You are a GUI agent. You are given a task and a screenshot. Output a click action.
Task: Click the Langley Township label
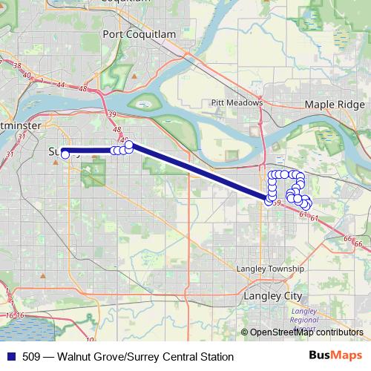coord(270,269)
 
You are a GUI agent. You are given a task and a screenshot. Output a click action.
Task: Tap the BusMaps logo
coord(336,356)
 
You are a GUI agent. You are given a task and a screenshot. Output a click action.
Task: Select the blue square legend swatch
coord(10,357)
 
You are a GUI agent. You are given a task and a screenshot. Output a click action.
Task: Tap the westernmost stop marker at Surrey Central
coord(65,154)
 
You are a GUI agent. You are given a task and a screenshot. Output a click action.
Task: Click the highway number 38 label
coord(16,65)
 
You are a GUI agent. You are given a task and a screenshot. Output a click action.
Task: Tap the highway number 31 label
coord(10,154)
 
